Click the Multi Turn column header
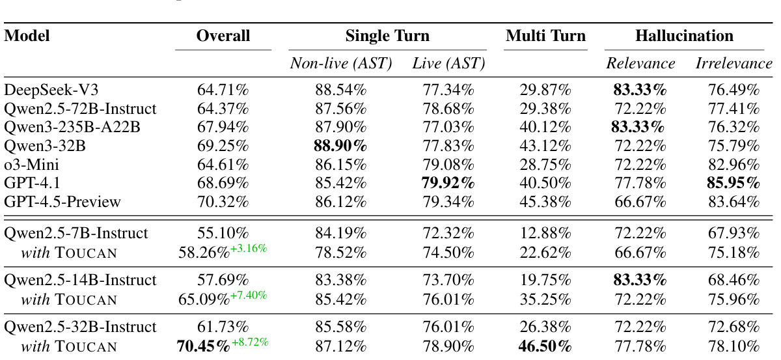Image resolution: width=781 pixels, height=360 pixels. pos(545,36)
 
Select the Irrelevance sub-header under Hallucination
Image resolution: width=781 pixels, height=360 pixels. pos(733,64)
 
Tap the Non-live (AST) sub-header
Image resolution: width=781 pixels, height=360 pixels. pos(340,64)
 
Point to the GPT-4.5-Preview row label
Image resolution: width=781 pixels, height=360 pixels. pos(62,202)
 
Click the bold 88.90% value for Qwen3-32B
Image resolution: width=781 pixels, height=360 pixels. pos(340,146)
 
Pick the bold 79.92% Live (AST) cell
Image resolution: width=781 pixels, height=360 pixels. pos(448,184)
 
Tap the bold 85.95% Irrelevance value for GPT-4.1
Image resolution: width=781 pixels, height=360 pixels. pos(733,184)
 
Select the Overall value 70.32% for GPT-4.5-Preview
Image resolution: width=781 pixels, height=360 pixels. pos(223,202)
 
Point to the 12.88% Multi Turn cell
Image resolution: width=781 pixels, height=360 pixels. pos(545,233)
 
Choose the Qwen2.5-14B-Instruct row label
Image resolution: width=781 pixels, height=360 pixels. pos(80,280)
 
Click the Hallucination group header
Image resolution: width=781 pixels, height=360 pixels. pos(684,36)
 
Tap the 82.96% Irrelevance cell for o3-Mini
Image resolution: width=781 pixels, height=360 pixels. pos(733,165)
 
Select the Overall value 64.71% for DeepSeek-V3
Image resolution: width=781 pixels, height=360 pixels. pos(223,90)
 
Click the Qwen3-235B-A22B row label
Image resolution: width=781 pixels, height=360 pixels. pos(72,128)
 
